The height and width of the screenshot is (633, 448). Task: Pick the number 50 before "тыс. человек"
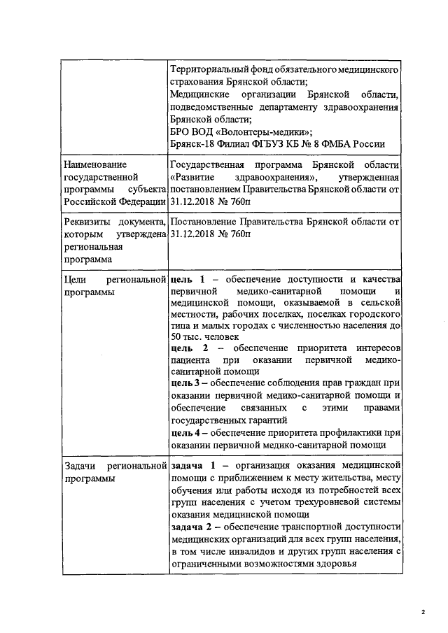click(176, 336)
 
